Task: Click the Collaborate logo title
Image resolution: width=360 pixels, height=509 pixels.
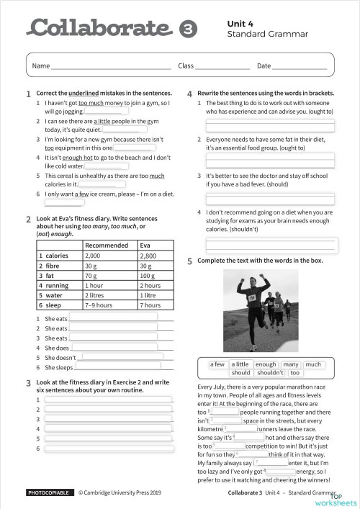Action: tap(101, 28)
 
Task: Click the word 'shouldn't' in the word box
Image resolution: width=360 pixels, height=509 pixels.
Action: tap(270, 373)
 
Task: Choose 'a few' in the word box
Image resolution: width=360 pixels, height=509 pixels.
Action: tap(217, 364)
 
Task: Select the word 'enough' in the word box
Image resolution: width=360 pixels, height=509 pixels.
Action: tap(266, 364)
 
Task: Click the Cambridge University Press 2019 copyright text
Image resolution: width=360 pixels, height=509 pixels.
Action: tap(129, 492)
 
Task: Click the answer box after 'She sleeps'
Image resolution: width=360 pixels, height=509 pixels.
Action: tap(119, 367)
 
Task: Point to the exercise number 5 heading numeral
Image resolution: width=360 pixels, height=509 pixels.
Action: tap(189, 261)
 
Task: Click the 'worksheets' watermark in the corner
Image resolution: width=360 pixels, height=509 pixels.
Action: tap(343, 502)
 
